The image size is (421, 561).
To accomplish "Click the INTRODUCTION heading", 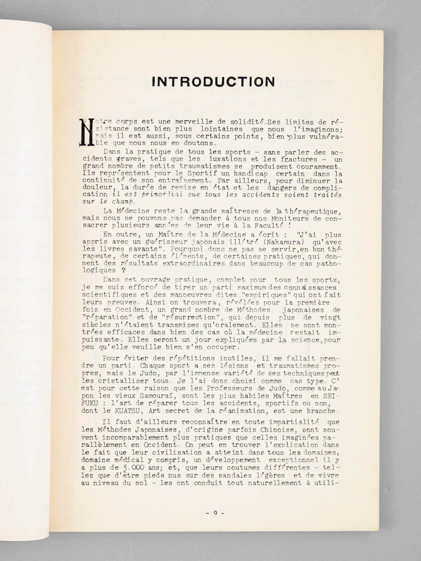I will point(214,82).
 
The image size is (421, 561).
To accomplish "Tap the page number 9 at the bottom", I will point(215,513).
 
